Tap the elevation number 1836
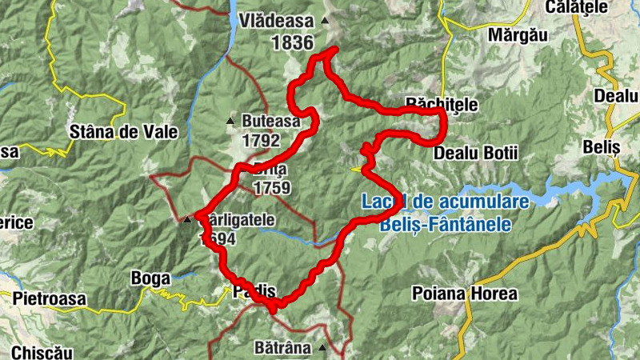coord(291,43)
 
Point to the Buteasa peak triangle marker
coord(231,122)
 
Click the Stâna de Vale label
coord(122,132)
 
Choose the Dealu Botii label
coord(475,153)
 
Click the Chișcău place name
coord(37,352)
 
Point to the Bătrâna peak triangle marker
coord(322,348)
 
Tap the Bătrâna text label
coord(281,349)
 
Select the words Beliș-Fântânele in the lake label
coord(445,225)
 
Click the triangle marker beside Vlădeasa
coord(324,21)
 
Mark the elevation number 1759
coord(272,189)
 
